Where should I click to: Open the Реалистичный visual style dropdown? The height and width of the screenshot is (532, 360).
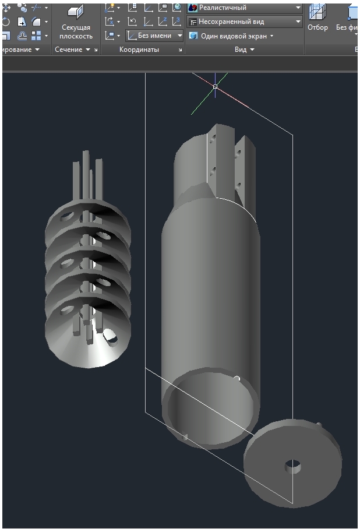tap(245, 8)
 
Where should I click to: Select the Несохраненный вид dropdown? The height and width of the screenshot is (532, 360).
tap(245, 22)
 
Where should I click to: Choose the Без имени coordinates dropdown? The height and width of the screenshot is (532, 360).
tap(155, 36)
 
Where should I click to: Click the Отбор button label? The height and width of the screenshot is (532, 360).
tap(317, 27)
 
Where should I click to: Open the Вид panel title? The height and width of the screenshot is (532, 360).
tap(241, 50)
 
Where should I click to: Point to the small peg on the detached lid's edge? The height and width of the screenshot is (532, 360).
tap(319, 424)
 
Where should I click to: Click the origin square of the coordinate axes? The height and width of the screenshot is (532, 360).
tap(215, 86)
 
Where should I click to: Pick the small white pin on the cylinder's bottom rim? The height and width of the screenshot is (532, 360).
tap(237, 379)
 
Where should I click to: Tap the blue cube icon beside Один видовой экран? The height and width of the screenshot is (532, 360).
tap(193, 36)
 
